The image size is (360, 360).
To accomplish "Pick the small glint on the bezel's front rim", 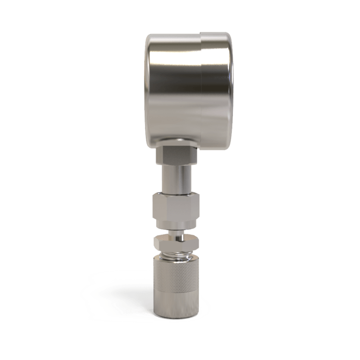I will point(230,75).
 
